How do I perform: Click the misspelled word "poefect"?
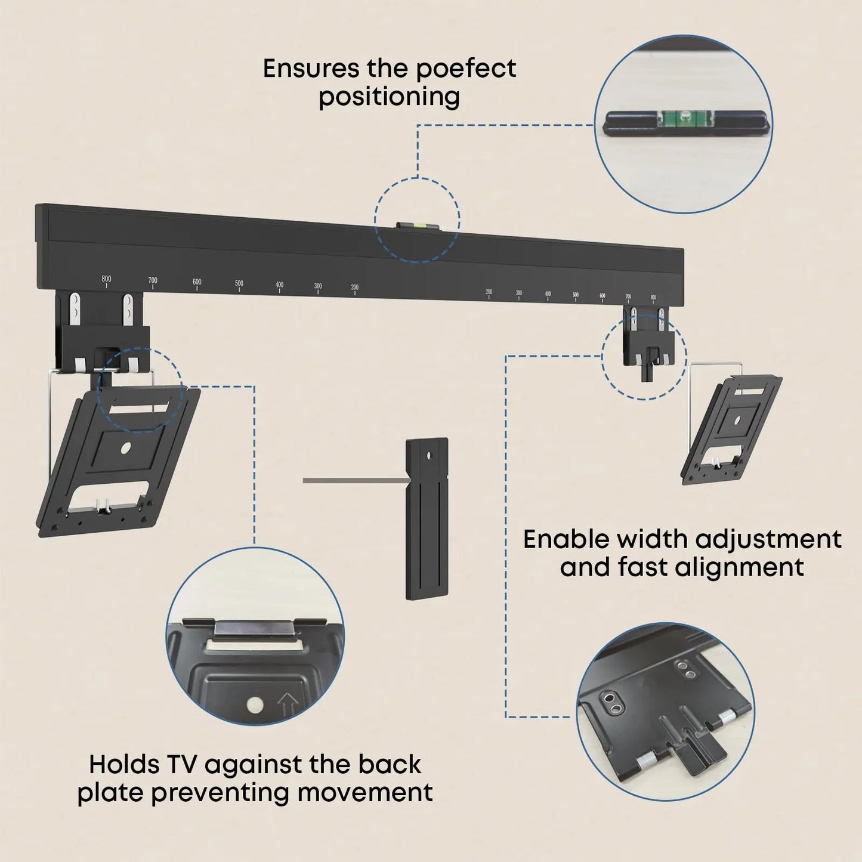(465, 69)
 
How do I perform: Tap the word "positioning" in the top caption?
(389, 97)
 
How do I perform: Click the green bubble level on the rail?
(417, 226)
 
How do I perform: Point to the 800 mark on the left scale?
(106, 279)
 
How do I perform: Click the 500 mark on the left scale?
(239, 284)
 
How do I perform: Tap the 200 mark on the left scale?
(354, 288)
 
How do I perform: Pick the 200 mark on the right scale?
(489, 292)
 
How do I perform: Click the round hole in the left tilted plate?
(126, 447)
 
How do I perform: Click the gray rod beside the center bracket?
(354, 480)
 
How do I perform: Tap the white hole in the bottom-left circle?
(255, 705)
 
